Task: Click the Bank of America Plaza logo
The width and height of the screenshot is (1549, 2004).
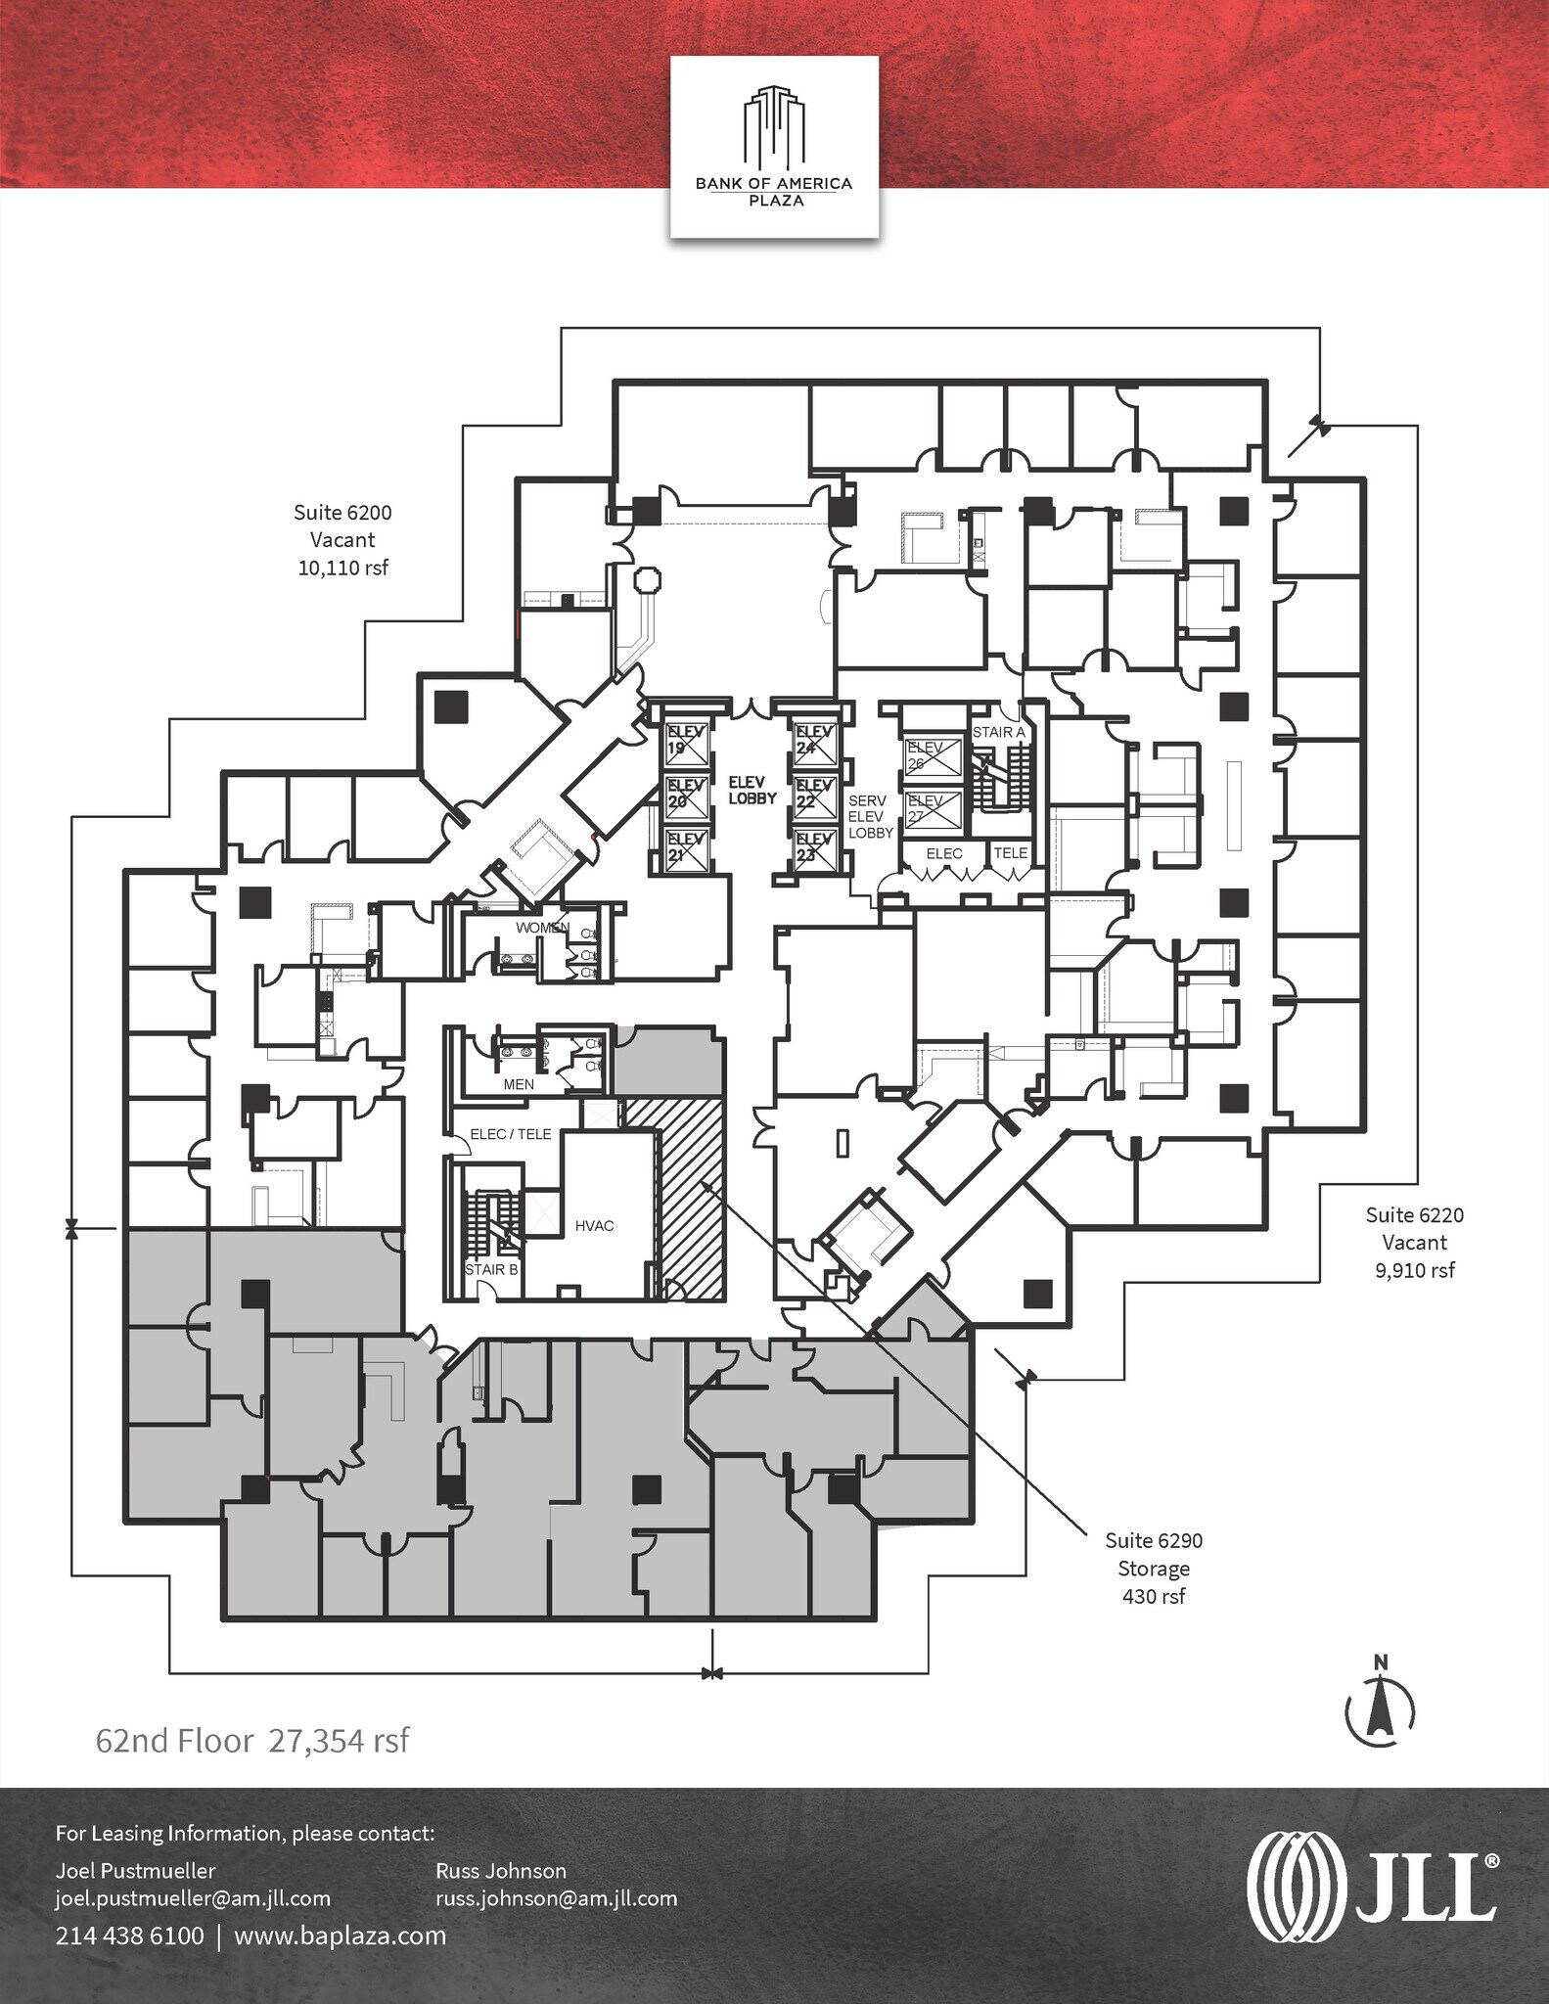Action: tap(773, 147)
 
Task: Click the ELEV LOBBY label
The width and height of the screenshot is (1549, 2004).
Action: tap(752, 791)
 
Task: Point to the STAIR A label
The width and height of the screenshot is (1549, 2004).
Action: tap(998, 732)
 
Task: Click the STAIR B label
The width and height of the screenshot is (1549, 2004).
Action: tap(491, 1269)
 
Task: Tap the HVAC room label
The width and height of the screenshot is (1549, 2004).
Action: tap(594, 1226)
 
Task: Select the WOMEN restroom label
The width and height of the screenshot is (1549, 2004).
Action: tap(542, 928)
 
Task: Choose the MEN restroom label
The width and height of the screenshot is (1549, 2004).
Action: tap(519, 1084)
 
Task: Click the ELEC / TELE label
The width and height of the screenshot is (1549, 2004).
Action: tap(510, 1134)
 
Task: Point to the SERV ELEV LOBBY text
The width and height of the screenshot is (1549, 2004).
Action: tap(870, 816)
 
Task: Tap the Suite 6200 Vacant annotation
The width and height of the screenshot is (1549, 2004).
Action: tap(342, 539)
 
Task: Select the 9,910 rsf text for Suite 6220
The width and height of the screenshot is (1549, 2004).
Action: tap(1414, 1270)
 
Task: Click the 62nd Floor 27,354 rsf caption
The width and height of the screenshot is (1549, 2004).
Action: tap(251, 1741)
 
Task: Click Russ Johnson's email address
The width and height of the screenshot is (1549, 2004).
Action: tap(556, 1898)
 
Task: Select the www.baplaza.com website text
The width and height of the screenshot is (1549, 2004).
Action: tap(340, 1936)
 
